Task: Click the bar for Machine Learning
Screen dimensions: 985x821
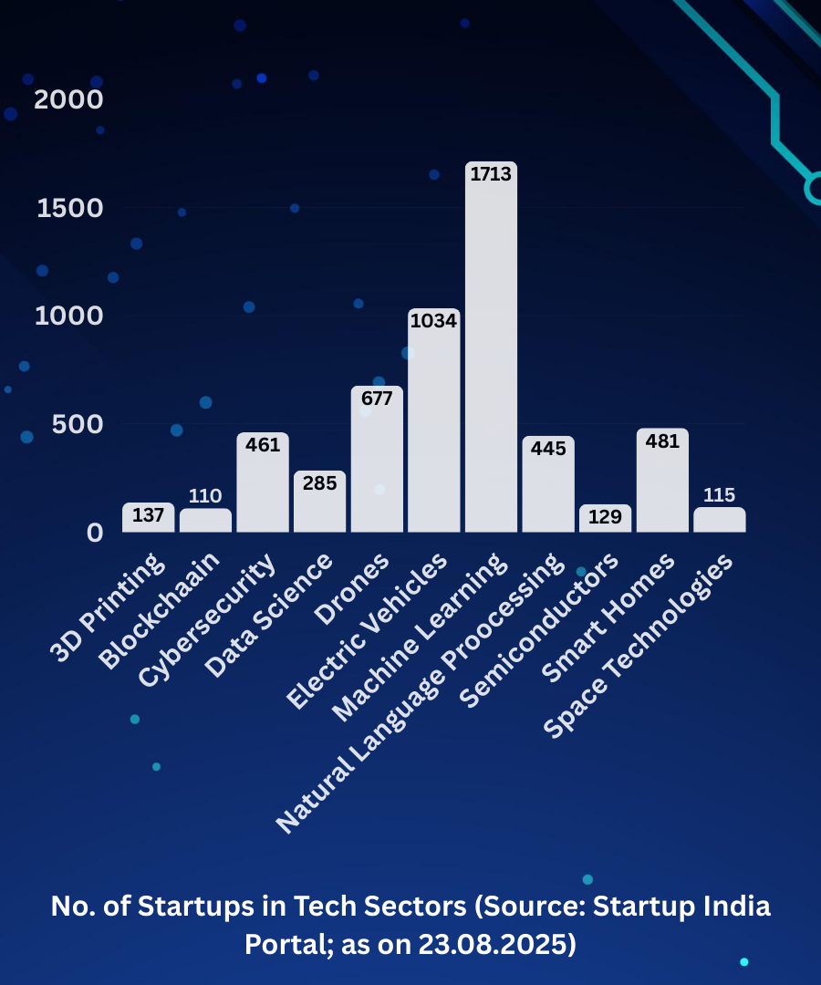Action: pos(491,365)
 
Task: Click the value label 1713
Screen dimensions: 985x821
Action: pos(491,174)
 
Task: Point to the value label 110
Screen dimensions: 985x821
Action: pos(205,496)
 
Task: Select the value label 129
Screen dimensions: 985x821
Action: pos(605,516)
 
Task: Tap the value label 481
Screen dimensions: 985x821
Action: pos(662,441)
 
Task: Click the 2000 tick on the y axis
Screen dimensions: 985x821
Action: pos(68,99)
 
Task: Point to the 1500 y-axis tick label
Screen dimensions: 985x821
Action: pos(69,208)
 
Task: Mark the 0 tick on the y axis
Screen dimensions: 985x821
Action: pos(95,532)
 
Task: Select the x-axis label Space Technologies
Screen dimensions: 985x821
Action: pos(639,648)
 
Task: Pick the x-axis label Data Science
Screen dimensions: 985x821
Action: pos(269,617)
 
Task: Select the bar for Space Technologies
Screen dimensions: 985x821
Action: pos(719,522)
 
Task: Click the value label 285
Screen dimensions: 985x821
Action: pos(319,482)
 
